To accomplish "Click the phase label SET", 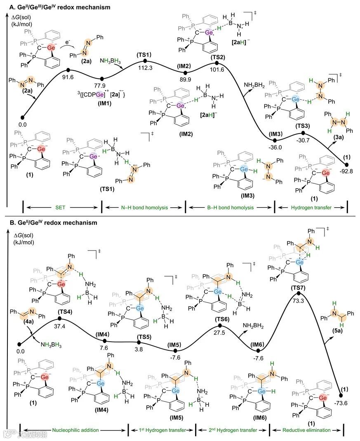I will click(x=61, y=208).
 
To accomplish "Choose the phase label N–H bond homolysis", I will click(x=143, y=208).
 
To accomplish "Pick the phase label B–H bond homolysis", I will click(x=230, y=208).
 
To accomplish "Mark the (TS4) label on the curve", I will click(x=60, y=312).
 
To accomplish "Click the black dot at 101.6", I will click(x=217, y=63).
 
